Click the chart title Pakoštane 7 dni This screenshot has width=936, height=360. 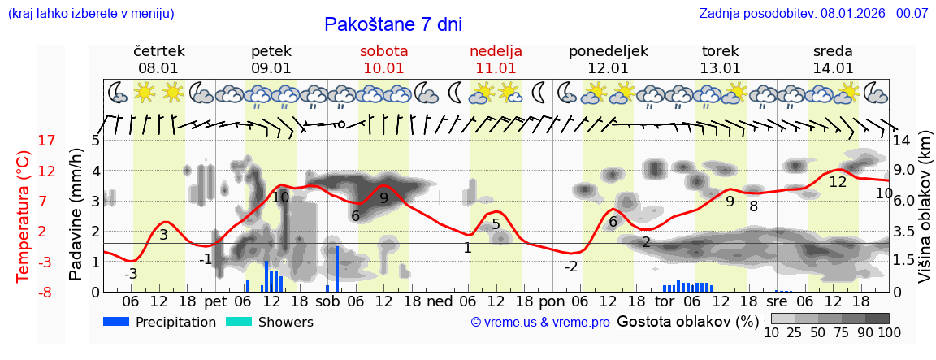393,24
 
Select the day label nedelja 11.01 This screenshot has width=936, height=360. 496,59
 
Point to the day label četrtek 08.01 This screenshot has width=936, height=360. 158,59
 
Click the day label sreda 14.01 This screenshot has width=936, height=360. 833,59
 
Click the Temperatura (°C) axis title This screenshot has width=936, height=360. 24,216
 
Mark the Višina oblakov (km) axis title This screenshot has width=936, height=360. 925,216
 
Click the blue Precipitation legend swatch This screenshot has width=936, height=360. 116,322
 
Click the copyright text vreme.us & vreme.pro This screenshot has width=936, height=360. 540,323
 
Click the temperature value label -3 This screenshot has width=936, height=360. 131,274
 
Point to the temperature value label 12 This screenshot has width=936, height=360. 838,182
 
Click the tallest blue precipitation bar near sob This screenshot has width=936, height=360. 336,268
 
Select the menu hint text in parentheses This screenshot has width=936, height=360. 90,13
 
